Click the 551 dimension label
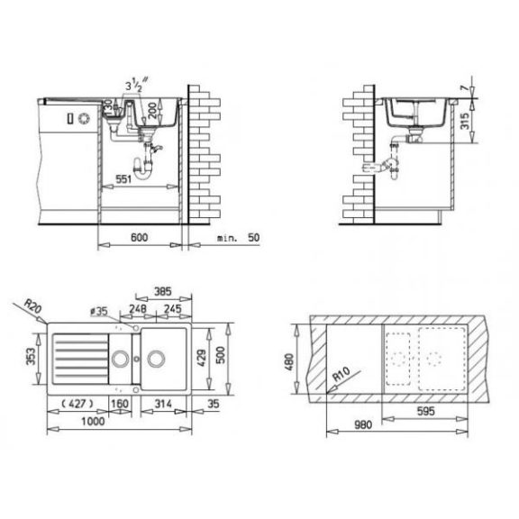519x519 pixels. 123,179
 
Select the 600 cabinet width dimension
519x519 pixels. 139,237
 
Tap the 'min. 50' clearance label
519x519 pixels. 238,238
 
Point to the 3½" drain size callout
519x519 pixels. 136,85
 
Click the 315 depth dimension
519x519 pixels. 465,121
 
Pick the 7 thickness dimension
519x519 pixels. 465,88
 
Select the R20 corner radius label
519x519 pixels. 33,306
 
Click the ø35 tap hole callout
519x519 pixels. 99,311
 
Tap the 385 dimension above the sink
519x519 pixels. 163,291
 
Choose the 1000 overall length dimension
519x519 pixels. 93,422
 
